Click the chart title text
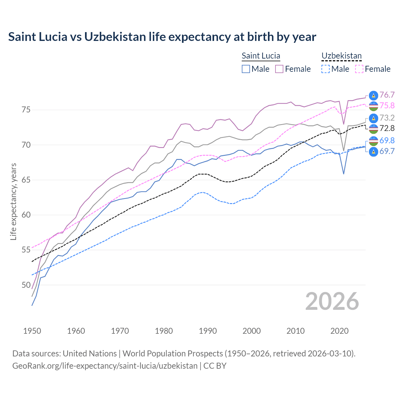point(162,37)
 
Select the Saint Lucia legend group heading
point(261,56)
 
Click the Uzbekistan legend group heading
point(341,56)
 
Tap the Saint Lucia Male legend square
point(246,69)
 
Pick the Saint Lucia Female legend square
point(279,69)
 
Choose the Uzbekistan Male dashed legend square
point(326,69)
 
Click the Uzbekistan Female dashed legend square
point(359,69)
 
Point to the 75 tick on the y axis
point(26,110)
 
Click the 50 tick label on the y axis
point(26,285)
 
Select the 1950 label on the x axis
point(32,331)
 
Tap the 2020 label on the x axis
point(339,331)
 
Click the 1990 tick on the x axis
point(208,331)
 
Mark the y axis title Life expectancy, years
point(14,201)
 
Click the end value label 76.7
point(387,95)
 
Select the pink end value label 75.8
point(387,106)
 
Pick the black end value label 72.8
point(387,128)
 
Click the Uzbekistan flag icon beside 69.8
point(373,141)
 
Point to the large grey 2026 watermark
point(332,301)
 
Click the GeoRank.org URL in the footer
point(105,366)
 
